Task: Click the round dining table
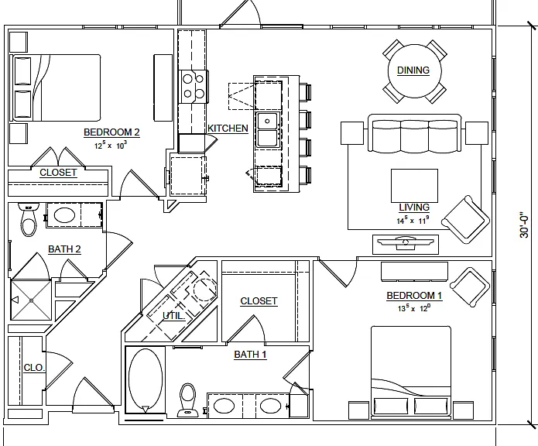point(414,71)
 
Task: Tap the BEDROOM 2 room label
point(111,132)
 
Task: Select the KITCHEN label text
point(228,129)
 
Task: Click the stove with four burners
point(194,87)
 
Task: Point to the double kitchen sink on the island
point(268,129)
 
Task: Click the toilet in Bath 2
point(29,220)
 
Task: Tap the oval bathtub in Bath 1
point(146,380)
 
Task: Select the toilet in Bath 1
point(187,400)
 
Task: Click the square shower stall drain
point(31,300)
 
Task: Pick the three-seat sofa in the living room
point(414,133)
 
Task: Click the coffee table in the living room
point(414,186)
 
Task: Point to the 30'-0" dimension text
point(524,225)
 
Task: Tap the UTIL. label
point(173,316)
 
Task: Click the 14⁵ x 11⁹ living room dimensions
point(413,220)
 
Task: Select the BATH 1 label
point(250,355)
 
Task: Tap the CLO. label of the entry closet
point(34,368)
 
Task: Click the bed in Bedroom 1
point(411,372)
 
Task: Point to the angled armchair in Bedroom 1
point(470,287)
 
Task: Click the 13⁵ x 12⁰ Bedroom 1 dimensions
point(414,308)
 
